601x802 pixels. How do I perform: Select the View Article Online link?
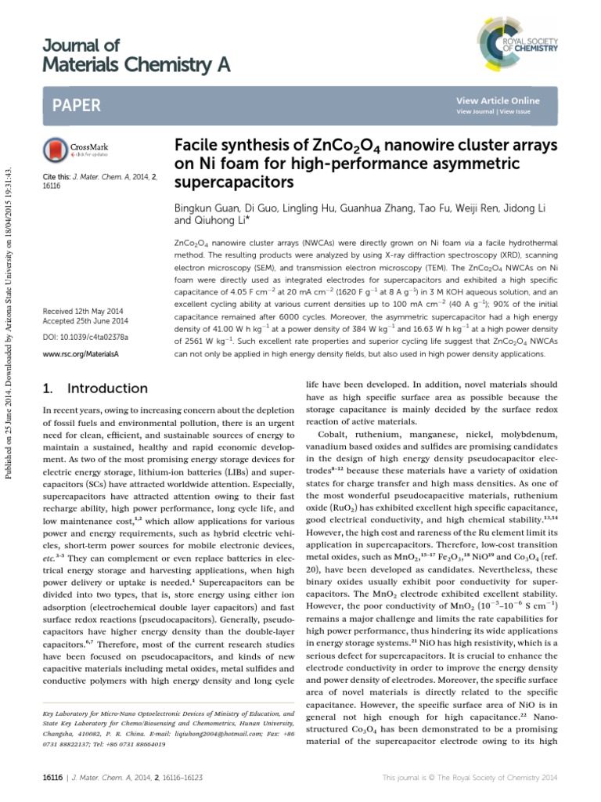497,101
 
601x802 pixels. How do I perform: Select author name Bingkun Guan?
206,209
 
